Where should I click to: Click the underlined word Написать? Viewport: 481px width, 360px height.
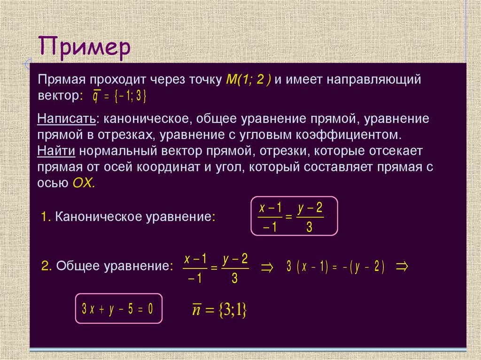click(x=67, y=119)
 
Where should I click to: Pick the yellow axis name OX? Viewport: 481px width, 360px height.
click(x=84, y=183)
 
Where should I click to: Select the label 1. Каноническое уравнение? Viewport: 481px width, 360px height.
click(x=128, y=216)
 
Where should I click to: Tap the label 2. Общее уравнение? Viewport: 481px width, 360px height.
click(x=104, y=266)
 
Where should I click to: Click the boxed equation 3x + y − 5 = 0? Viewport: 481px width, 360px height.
click(x=119, y=309)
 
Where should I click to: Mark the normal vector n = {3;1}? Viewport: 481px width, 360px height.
click(x=219, y=310)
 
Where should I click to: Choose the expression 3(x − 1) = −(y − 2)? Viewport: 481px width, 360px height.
click(x=335, y=267)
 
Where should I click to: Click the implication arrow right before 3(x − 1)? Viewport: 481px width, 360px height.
click(x=266, y=267)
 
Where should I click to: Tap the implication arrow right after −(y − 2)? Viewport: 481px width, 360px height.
click(x=402, y=267)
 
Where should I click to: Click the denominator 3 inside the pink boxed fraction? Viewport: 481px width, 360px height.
click(x=310, y=228)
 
